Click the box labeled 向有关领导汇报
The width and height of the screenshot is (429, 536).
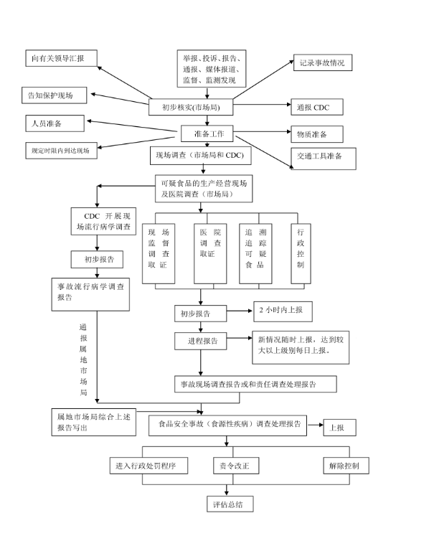(60, 58)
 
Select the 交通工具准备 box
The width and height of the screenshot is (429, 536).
(324, 156)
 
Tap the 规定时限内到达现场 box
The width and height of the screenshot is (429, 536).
(60, 150)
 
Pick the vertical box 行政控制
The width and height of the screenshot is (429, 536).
(300, 248)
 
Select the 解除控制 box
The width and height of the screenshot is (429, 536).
(349, 466)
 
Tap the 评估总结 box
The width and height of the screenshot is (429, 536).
(228, 504)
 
